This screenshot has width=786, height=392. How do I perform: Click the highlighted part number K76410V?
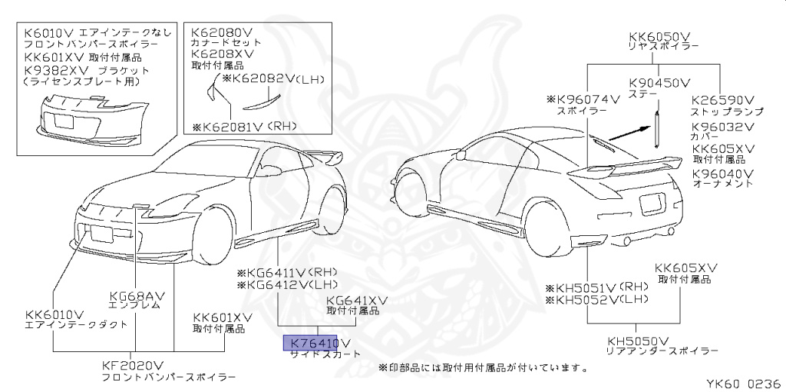pos(316,343)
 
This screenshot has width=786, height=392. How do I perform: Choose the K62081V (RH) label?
pos(243,126)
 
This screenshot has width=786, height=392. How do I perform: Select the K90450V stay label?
pos(659,82)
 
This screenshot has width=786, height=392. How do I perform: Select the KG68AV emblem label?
pos(139,294)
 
